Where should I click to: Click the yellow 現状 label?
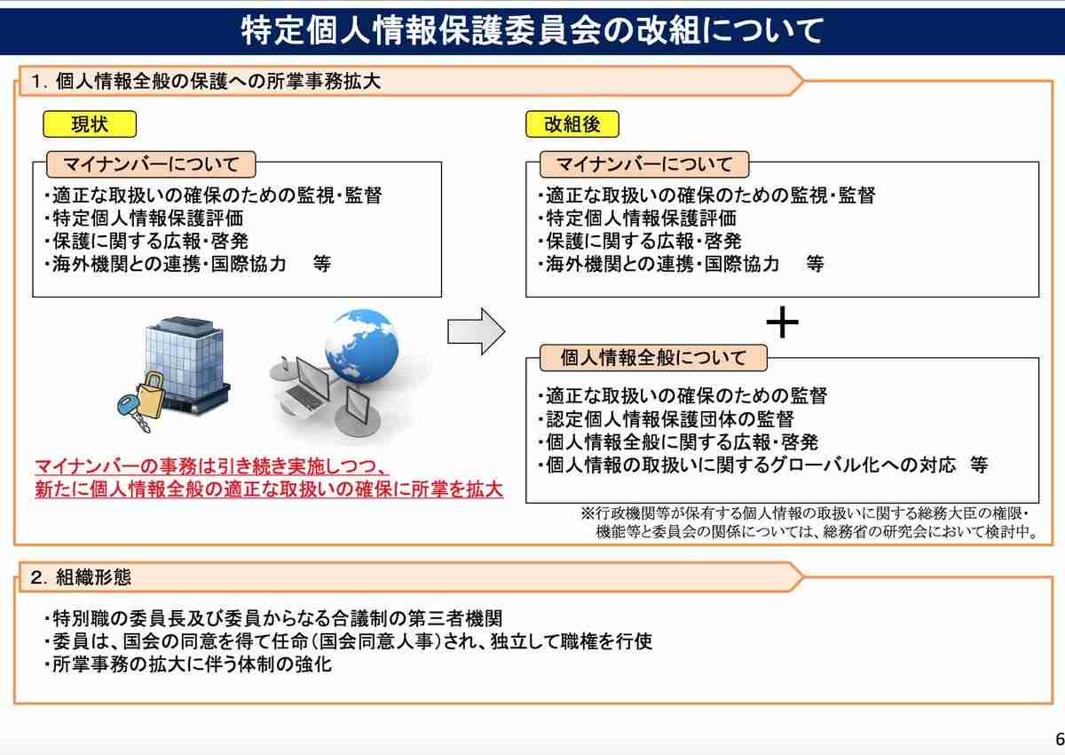90,124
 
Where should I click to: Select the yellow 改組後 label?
572,124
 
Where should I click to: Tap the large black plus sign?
782,323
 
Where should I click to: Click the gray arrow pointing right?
476,331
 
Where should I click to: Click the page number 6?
1058,740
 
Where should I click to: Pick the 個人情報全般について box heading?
652,358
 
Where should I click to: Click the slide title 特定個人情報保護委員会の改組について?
532,31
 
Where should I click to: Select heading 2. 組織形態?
81,578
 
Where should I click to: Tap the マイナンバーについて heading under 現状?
151,164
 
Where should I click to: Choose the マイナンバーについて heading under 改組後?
644,164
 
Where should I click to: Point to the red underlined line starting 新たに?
269,489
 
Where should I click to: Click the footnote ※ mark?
587,514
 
